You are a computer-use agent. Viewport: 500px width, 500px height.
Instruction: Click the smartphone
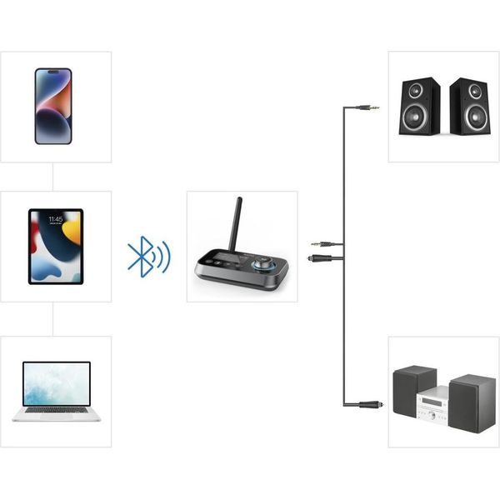(53, 106)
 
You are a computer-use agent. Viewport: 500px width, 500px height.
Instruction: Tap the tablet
(56, 246)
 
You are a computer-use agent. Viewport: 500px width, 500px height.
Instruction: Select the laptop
(57, 386)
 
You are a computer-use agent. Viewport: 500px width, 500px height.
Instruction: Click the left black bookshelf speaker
(418, 106)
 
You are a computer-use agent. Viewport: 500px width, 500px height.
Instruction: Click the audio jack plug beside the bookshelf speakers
(367, 107)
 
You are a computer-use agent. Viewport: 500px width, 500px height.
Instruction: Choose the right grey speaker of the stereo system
(472, 403)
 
